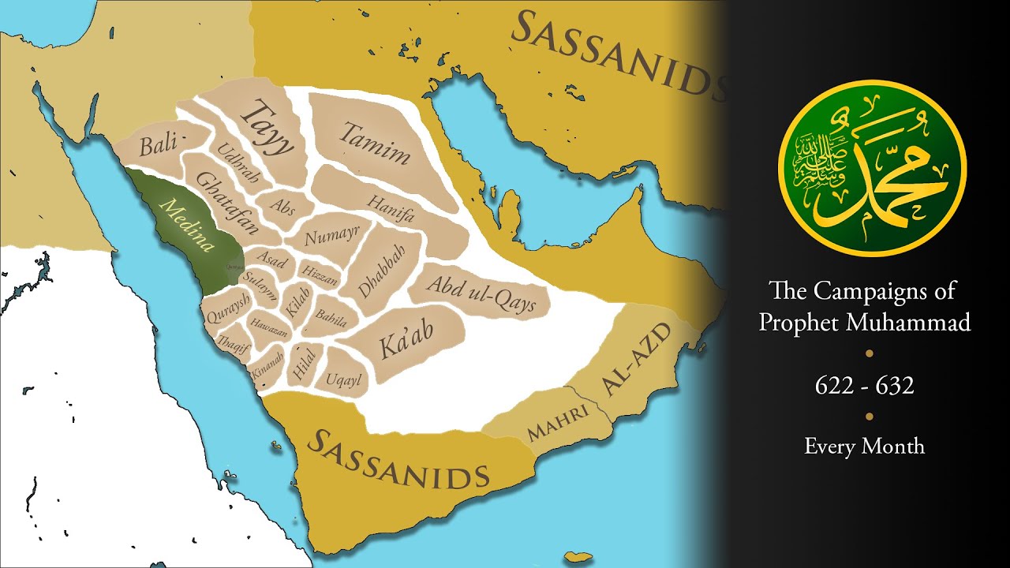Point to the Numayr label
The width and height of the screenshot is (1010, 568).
click(x=332, y=234)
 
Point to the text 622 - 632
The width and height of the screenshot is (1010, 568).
click(x=864, y=386)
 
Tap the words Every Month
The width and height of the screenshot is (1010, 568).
click(x=864, y=447)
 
